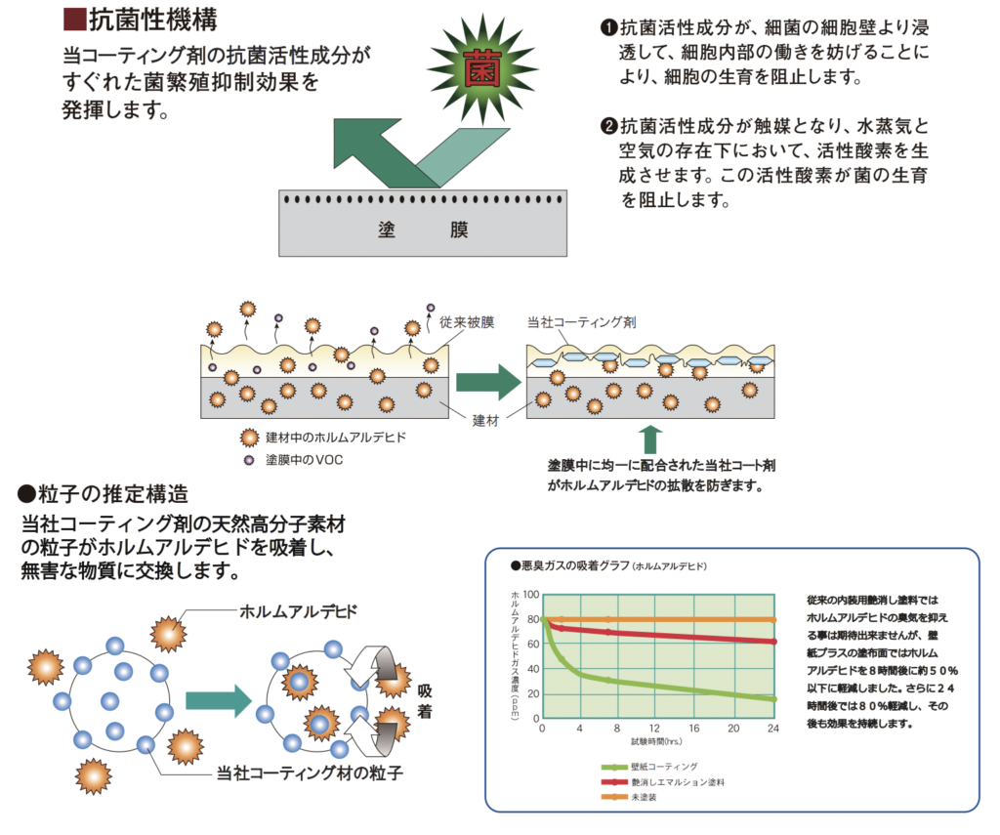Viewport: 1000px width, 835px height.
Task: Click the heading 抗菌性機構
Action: pyautogui.click(x=153, y=20)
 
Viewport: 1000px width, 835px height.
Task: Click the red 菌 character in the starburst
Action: pyautogui.click(x=482, y=69)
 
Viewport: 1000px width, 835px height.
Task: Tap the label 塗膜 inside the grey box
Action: pyautogui.click(x=423, y=230)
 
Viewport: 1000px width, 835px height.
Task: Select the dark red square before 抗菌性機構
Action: pyautogui.click(x=74, y=20)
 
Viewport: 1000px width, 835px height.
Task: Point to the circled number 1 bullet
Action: pyautogui.click(x=609, y=27)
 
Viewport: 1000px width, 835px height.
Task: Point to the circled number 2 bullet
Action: pyautogui.click(x=609, y=126)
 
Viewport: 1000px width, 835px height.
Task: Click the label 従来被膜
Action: pyautogui.click(x=467, y=322)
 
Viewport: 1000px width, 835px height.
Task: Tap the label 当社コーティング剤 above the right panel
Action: pyautogui.click(x=582, y=322)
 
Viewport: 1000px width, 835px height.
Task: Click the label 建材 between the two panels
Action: pyautogui.click(x=485, y=420)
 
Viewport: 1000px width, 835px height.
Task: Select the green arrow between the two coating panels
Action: pyautogui.click(x=488, y=382)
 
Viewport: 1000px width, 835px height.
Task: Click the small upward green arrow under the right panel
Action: pyautogui.click(x=650, y=439)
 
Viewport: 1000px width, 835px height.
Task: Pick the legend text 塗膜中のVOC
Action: pyautogui.click(x=305, y=460)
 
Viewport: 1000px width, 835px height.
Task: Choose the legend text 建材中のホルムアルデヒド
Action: pyautogui.click(x=336, y=438)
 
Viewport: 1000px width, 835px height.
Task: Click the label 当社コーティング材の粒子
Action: pyautogui.click(x=310, y=773)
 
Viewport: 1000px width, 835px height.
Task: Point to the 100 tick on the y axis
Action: pyautogui.click(x=530, y=595)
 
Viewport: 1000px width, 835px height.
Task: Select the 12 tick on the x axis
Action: pyautogui.click(x=654, y=728)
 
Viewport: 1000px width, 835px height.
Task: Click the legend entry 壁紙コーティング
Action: pyautogui.click(x=664, y=766)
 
